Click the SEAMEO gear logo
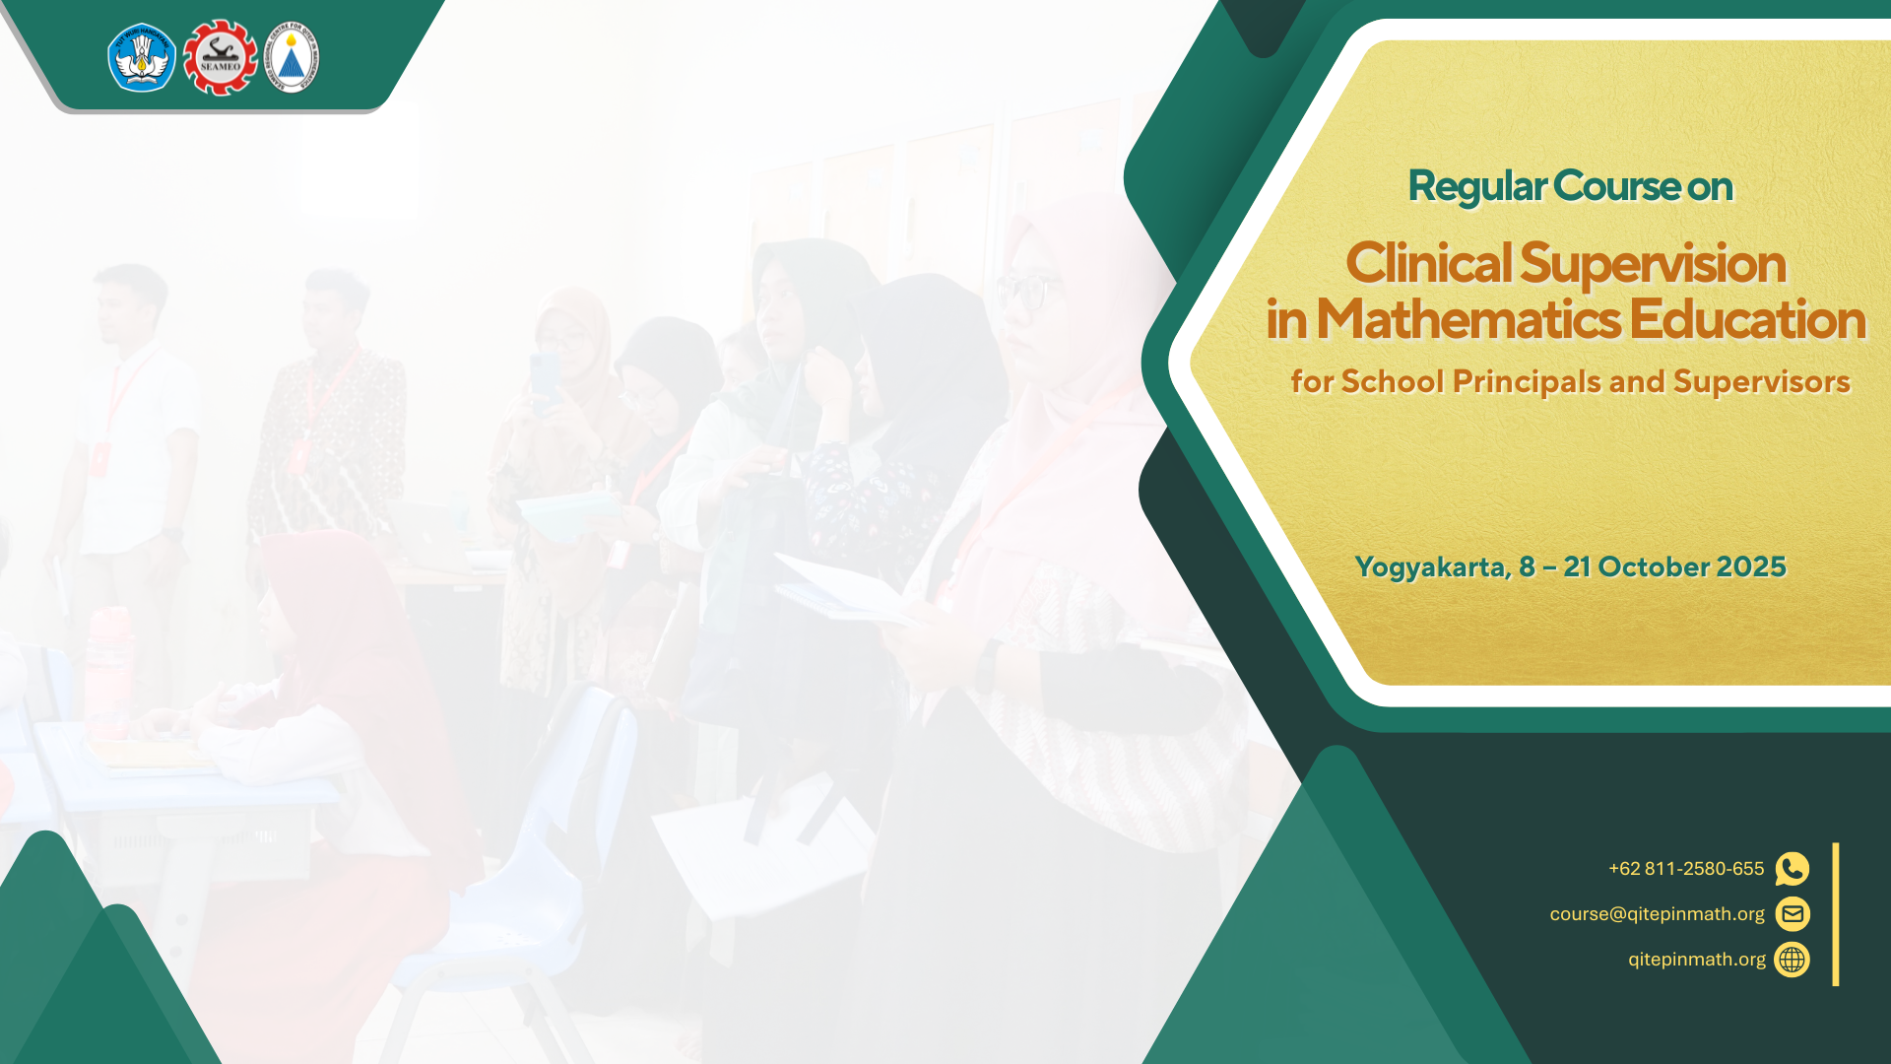coord(220,57)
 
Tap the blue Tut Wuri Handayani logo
coord(142,57)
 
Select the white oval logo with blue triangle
coord(292,57)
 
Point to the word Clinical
coord(1428,263)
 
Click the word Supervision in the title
coord(1653,265)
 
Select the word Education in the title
coord(1747,319)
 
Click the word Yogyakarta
coord(1433,567)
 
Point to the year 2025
coord(1751,566)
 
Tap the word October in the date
coord(1654,566)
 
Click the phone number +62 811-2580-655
coord(1686,869)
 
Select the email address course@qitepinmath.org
coord(1657,914)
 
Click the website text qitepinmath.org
coord(1697,960)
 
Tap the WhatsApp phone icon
coord(1793,869)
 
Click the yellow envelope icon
coord(1793,914)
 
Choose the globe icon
coord(1793,960)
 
